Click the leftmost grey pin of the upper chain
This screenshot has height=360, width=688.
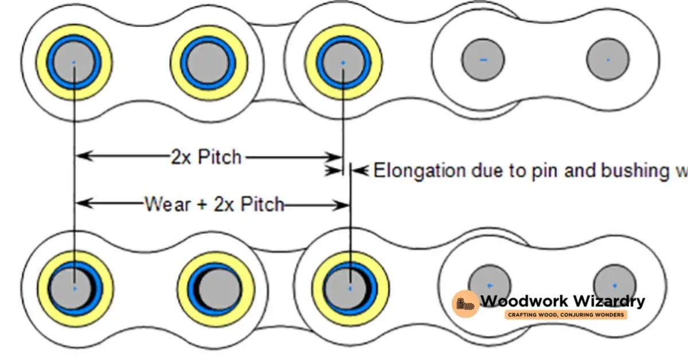pos(73,62)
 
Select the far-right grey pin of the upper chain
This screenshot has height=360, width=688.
pos(608,60)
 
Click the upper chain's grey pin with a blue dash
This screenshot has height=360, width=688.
pos(483,60)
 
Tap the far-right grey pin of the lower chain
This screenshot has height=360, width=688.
pos(614,284)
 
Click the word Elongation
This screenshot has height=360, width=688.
pos(419,171)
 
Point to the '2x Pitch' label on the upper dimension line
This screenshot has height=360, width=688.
pos(206,157)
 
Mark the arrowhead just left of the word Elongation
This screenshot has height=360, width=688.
pos(359,170)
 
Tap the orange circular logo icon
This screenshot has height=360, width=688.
pos(465,304)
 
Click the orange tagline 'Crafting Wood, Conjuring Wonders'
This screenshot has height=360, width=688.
pos(565,315)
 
